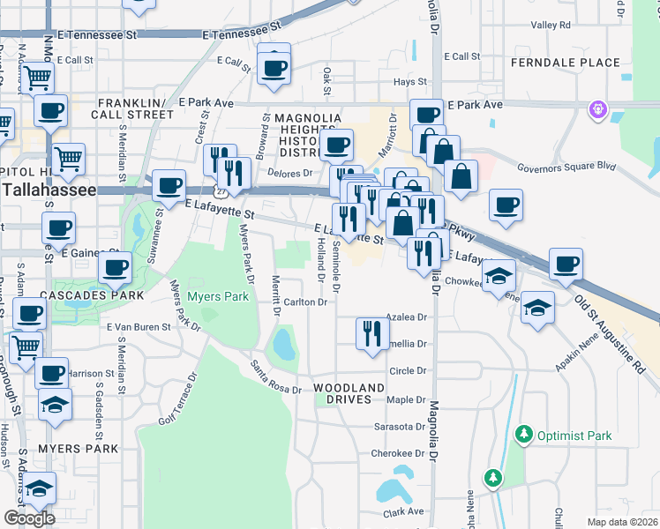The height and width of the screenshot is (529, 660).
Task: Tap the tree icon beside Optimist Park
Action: coord(525,434)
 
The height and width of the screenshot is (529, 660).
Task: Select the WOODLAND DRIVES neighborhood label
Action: coord(349,393)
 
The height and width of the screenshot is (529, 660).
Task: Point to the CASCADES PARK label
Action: coord(76,294)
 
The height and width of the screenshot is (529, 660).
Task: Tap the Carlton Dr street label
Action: coord(306,302)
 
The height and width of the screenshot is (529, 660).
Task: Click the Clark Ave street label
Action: coord(403,511)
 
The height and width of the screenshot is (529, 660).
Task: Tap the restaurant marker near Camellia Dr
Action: coord(371,333)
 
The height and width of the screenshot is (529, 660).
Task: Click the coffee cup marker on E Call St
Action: coord(274,66)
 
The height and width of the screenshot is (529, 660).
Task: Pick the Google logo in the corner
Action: coord(29,518)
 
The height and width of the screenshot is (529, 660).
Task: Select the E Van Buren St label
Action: coord(138,327)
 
